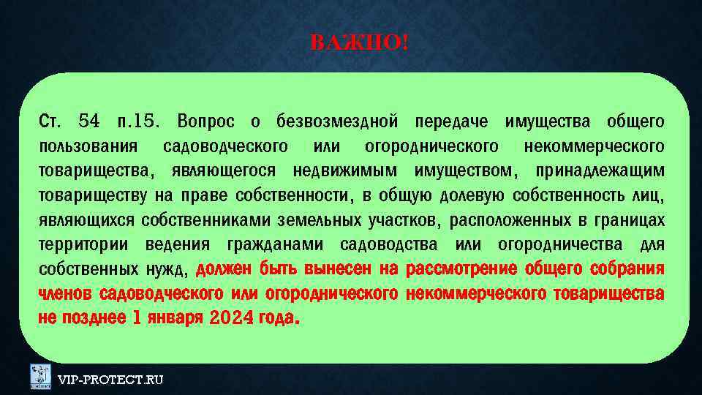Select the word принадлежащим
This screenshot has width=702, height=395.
coord(600,170)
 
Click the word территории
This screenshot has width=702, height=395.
coord(83,245)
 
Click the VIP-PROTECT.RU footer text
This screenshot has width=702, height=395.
coord(110,380)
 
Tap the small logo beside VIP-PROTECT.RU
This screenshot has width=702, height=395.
coord(40,377)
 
